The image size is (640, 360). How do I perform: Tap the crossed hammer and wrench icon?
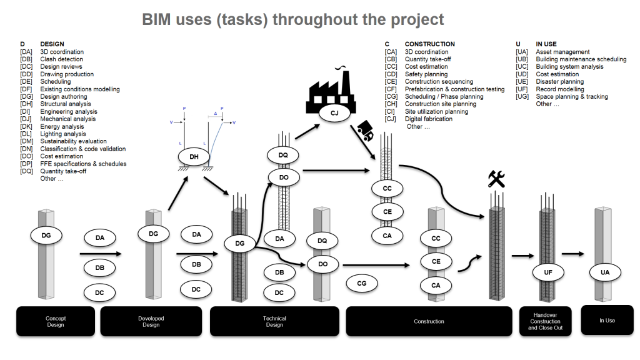coord(496,180)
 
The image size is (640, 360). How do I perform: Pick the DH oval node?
coord(194,157)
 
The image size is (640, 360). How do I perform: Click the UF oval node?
coord(547,272)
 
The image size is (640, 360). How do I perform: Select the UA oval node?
coord(605,272)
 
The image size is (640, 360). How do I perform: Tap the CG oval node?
coord(361,283)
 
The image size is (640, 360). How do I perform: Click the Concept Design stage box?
coord(56,321)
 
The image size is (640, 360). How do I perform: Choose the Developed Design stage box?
coord(151,321)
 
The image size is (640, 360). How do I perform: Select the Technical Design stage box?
coord(274,321)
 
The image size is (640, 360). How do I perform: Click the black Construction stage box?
coord(429,321)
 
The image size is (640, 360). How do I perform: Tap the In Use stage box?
coord(607,320)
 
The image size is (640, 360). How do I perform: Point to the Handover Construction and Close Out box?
coord(546,321)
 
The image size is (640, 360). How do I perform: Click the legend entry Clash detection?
coord(61,59)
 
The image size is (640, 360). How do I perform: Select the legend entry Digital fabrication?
coord(428,119)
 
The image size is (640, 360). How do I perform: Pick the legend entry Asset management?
coord(562,52)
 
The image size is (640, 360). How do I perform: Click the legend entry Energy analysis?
coord(62,126)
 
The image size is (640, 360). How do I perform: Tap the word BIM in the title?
coord(160,19)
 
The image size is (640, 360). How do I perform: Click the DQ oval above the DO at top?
coord(283,154)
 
